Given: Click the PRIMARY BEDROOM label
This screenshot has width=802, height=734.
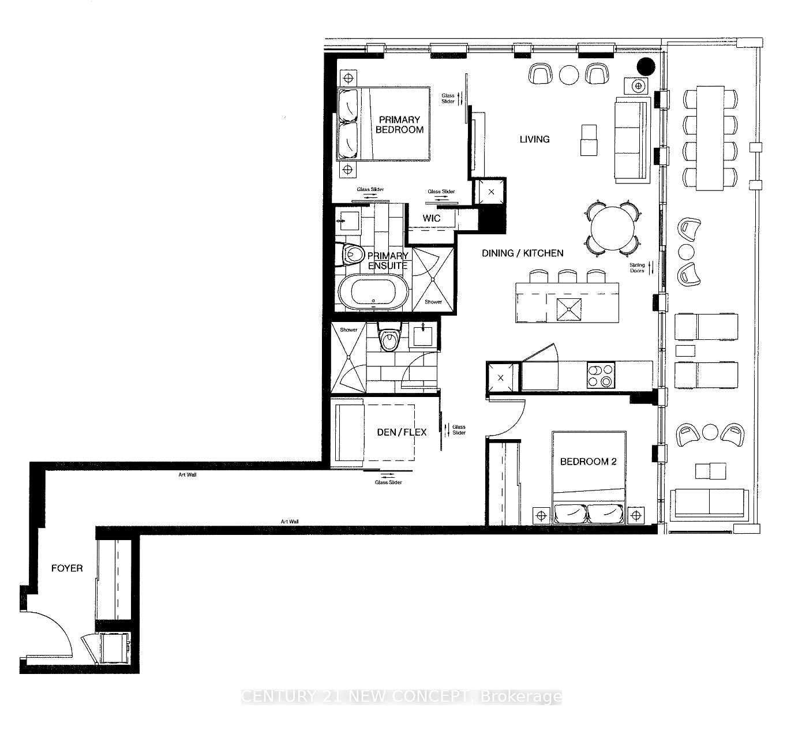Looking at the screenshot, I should pos(399,125).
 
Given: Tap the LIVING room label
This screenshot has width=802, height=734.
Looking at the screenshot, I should pos(534,139).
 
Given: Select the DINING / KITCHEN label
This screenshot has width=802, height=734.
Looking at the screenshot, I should pos(523,253).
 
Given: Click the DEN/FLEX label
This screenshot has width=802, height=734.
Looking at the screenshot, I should pos(401,432).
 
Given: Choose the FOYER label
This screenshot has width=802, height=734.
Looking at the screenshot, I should pos(67,568).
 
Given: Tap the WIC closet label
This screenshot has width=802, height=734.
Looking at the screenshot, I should pos(431,218).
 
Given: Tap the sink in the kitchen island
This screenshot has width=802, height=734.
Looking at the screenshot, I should pos(569,309).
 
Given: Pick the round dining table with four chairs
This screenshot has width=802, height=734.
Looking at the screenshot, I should pos(612,229).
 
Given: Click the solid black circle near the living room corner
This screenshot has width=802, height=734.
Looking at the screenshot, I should pos(645,66).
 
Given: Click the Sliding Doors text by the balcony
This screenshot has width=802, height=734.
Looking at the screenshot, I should pos(637,268).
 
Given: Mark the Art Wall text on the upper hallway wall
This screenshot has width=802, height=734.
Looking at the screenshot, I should pos(187,475).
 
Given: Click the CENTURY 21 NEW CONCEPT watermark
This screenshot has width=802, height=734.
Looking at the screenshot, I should pos(401,696).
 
